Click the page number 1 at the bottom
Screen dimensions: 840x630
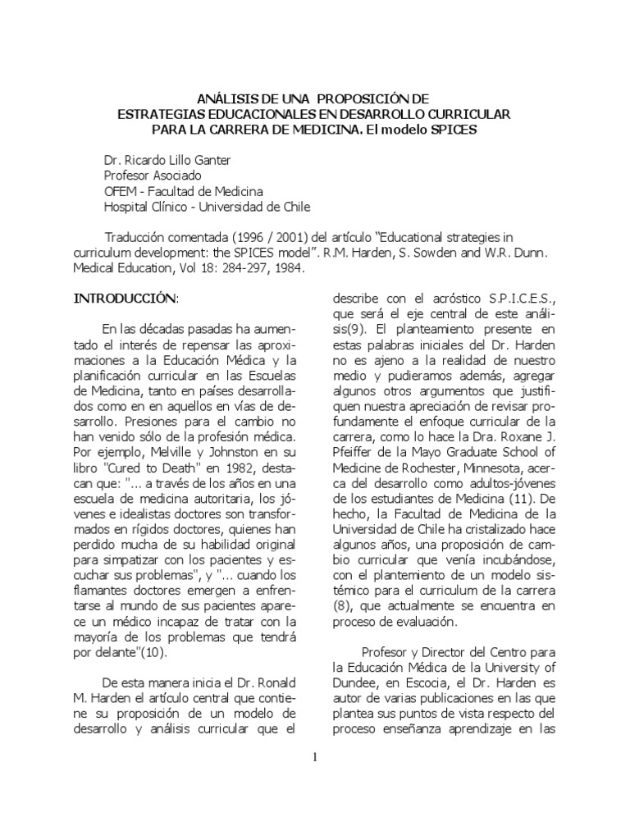(314, 756)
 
